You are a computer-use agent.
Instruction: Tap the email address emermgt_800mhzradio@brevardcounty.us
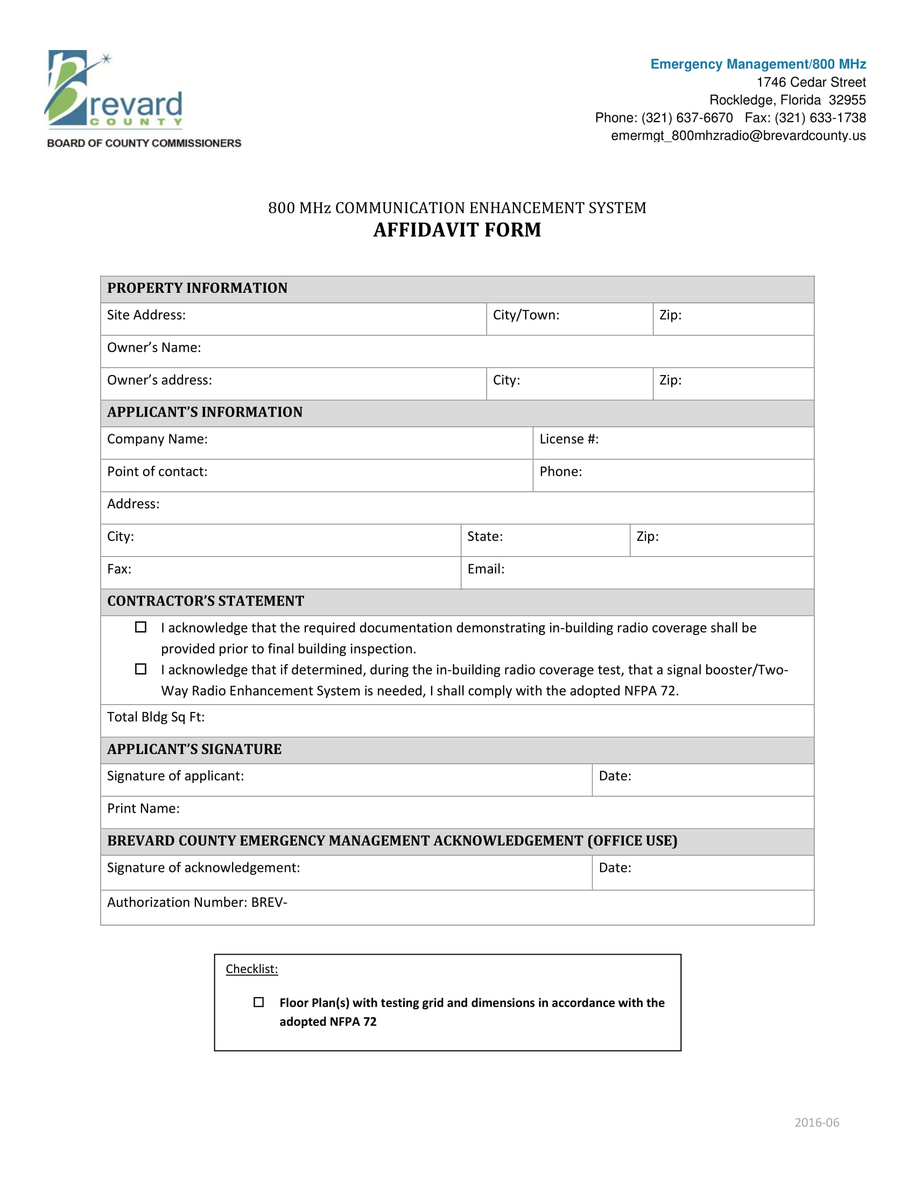738,136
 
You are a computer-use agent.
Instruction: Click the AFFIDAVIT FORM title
457,230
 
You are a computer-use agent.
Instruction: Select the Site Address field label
146,315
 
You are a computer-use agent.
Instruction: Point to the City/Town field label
526,315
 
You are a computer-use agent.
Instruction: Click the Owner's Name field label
154,348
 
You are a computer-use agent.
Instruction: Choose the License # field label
568,439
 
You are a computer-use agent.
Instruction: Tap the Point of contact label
157,471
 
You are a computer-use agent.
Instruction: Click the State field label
484,537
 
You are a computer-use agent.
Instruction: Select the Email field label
485,569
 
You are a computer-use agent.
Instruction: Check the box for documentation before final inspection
141,627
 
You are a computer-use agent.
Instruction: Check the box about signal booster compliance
141,669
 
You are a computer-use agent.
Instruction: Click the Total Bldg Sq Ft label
156,717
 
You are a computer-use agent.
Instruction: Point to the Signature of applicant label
175,776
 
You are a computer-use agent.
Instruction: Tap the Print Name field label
144,809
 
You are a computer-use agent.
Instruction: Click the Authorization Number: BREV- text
198,903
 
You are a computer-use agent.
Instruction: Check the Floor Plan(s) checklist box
259,1003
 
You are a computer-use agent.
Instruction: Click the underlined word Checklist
251,969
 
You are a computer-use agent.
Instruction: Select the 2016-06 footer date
817,1123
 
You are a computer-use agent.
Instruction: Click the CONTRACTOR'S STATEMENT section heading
206,601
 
